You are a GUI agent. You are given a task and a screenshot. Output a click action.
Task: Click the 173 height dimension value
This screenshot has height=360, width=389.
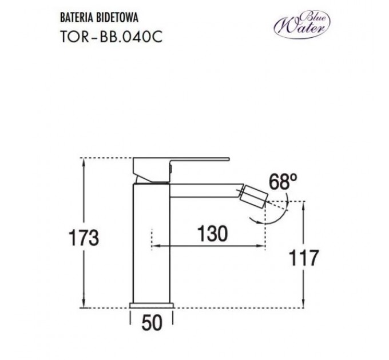(x=82, y=237)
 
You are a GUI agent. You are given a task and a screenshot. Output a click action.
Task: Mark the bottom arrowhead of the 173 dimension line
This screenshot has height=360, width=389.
(x=85, y=305)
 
